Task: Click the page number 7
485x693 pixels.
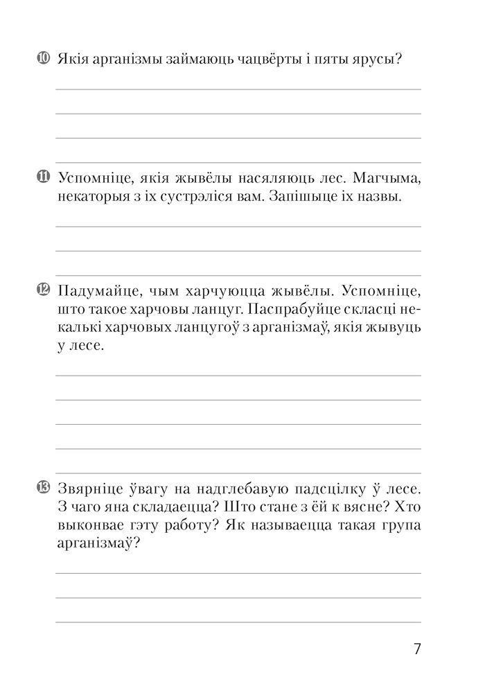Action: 416,649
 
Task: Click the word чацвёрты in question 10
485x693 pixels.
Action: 261,60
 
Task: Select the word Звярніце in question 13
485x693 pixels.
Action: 91,488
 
